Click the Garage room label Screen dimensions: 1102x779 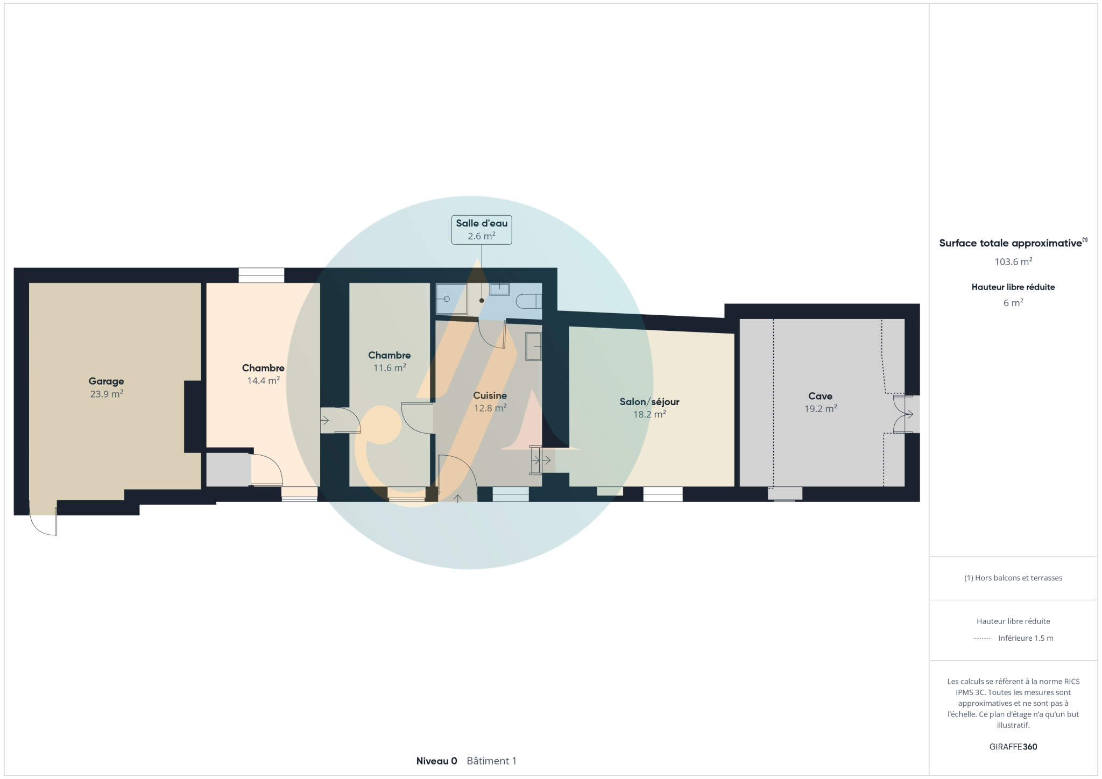[x=106, y=381]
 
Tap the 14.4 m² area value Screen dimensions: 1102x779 [x=263, y=380]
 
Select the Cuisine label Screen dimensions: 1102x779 [x=490, y=395]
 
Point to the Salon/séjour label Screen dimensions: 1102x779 [x=649, y=402]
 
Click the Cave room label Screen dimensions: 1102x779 [x=820, y=396]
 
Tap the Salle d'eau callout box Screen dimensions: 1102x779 [x=482, y=230]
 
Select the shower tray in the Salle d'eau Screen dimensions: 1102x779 [x=451, y=299]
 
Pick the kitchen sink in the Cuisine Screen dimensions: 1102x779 [x=533, y=346]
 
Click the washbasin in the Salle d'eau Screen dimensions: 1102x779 [x=499, y=289]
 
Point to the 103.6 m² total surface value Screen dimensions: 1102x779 [x=1013, y=262]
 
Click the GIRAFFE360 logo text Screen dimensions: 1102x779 [x=1013, y=747]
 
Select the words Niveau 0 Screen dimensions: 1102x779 [x=436, y=761]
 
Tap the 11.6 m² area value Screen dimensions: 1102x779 [x=390, y=368]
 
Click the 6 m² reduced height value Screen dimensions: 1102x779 [x=1013, y=303]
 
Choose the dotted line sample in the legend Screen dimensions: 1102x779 [x=983, y=639]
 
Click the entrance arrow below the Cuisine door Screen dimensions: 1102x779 [x=458, y=498]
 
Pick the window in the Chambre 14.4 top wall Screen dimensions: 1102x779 [x=262, y=275]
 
